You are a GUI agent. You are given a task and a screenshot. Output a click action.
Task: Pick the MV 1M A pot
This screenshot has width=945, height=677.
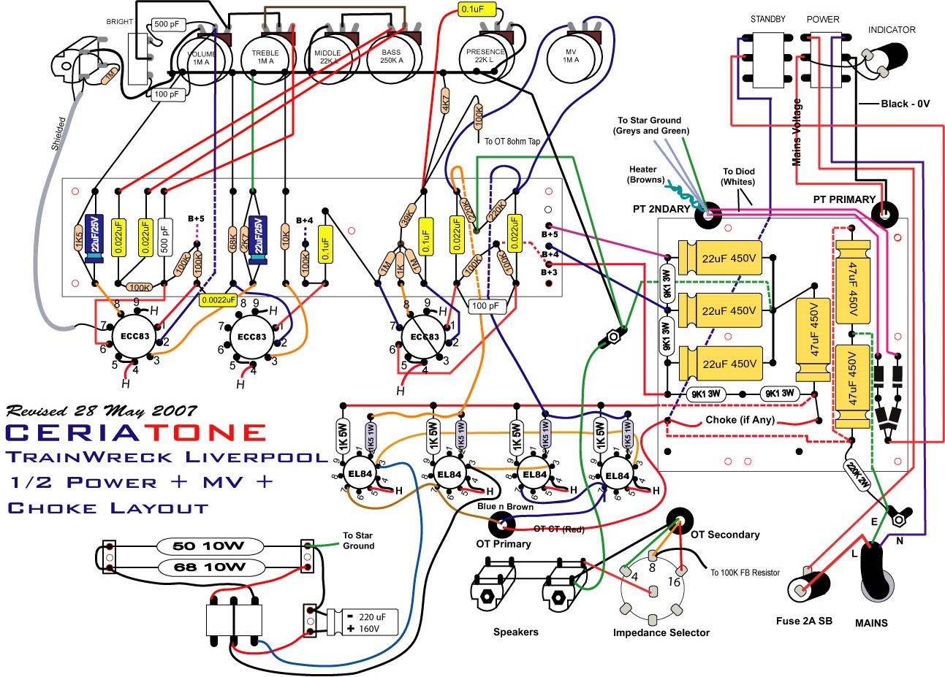click(571, 54)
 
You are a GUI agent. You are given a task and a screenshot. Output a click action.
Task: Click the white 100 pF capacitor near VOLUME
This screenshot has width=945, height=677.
click(167, 94)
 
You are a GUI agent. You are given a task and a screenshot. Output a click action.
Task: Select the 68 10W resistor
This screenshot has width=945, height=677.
click(208, 567)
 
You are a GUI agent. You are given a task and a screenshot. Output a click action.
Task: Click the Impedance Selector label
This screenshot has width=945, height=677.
click(661, 632)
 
